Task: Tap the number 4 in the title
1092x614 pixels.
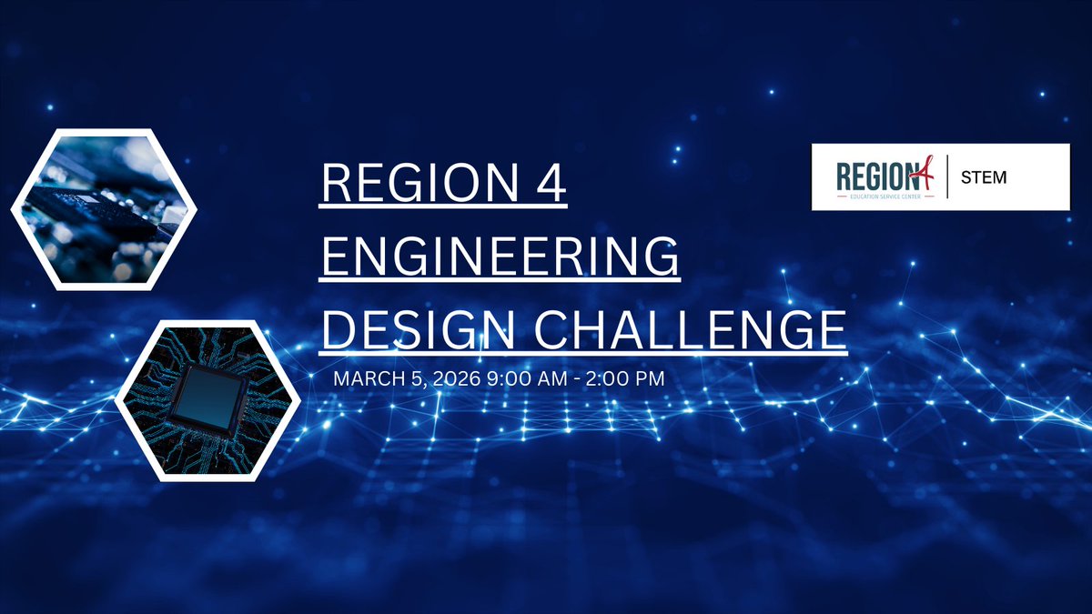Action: pyautogui.click(x=551, y=187)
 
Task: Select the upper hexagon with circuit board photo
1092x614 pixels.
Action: pyautogui.click(x=104, y=209)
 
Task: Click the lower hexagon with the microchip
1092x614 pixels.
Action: pyautogui.click(x=208, y=400)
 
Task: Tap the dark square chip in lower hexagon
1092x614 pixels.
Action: pyautogui.click(x=208, y=400)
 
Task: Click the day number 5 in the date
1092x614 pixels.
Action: pyautogui.click(x=406, y=377)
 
